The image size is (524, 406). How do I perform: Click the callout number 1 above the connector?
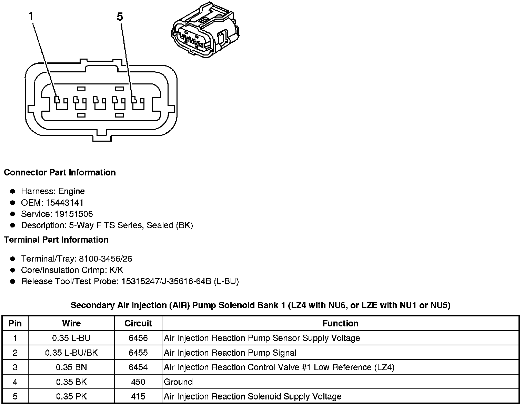[31, 16]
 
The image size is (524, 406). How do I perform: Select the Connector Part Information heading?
[60, 172]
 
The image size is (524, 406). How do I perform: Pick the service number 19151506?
[74, 214]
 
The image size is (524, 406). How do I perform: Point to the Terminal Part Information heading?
[56, 240]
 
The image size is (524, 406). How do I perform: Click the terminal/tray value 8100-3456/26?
[105, 259]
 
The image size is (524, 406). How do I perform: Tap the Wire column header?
[71, 323]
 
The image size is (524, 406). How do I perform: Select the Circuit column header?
[138, 323]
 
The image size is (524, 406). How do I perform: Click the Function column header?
[340, 323]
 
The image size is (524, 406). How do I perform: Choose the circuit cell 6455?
[138, 353]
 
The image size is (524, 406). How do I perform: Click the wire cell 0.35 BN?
[71, 367]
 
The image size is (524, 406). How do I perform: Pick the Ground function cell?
[178, 382]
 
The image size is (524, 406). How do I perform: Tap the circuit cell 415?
[138, 396]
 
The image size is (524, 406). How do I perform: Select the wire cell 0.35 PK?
[71, 396]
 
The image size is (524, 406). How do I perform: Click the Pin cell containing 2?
[15, 353]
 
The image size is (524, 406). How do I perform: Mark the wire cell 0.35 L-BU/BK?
[71, 353]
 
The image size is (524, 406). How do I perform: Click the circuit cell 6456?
[138, 338]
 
